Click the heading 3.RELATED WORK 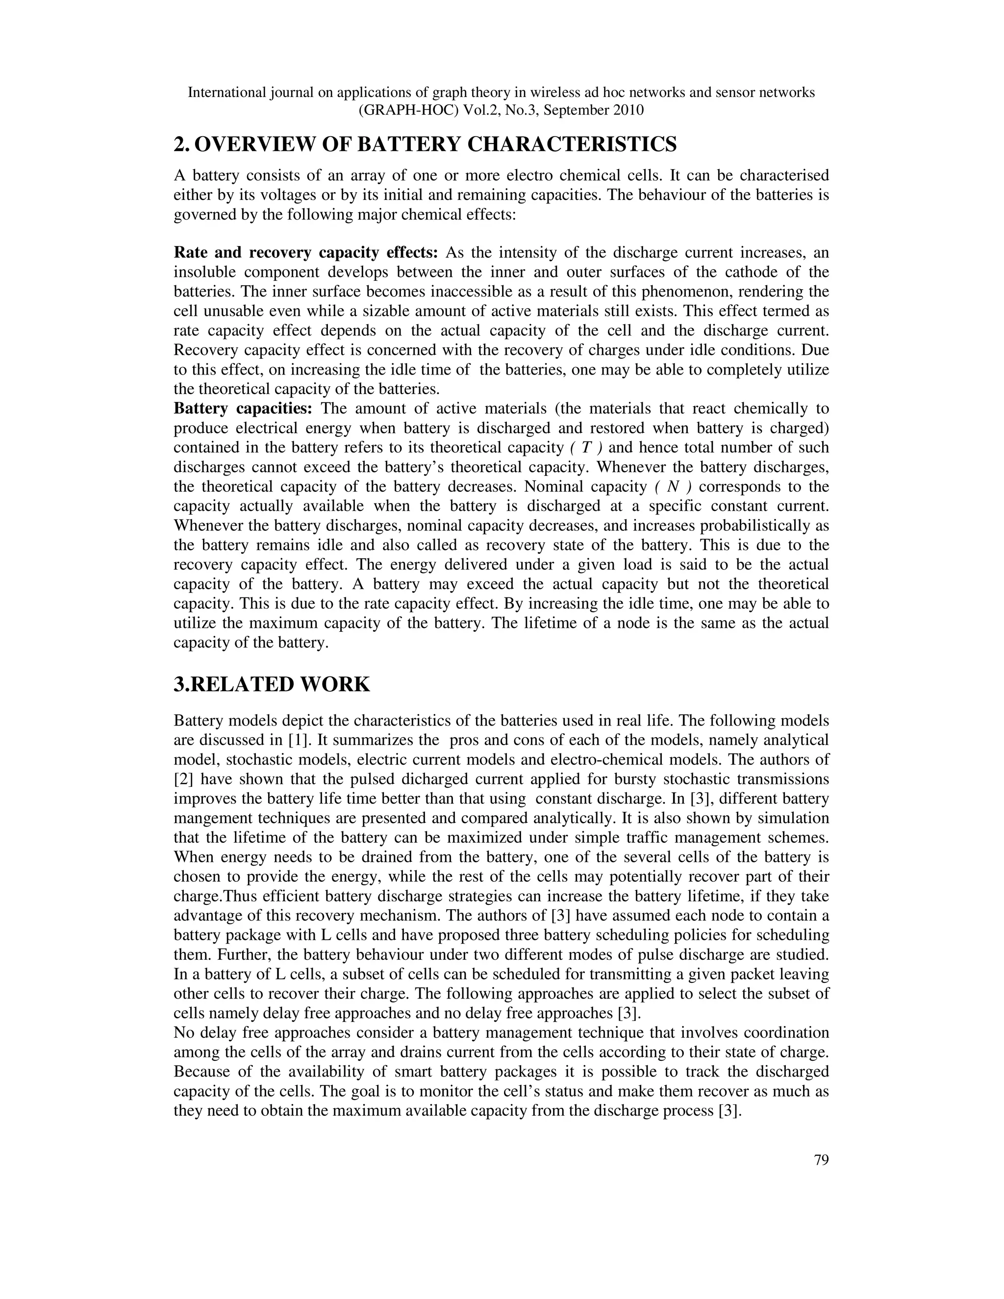coord(272,685)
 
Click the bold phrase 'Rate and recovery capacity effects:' coord(306,253)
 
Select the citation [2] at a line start coord(184,780)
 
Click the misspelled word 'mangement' coord(210,819)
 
